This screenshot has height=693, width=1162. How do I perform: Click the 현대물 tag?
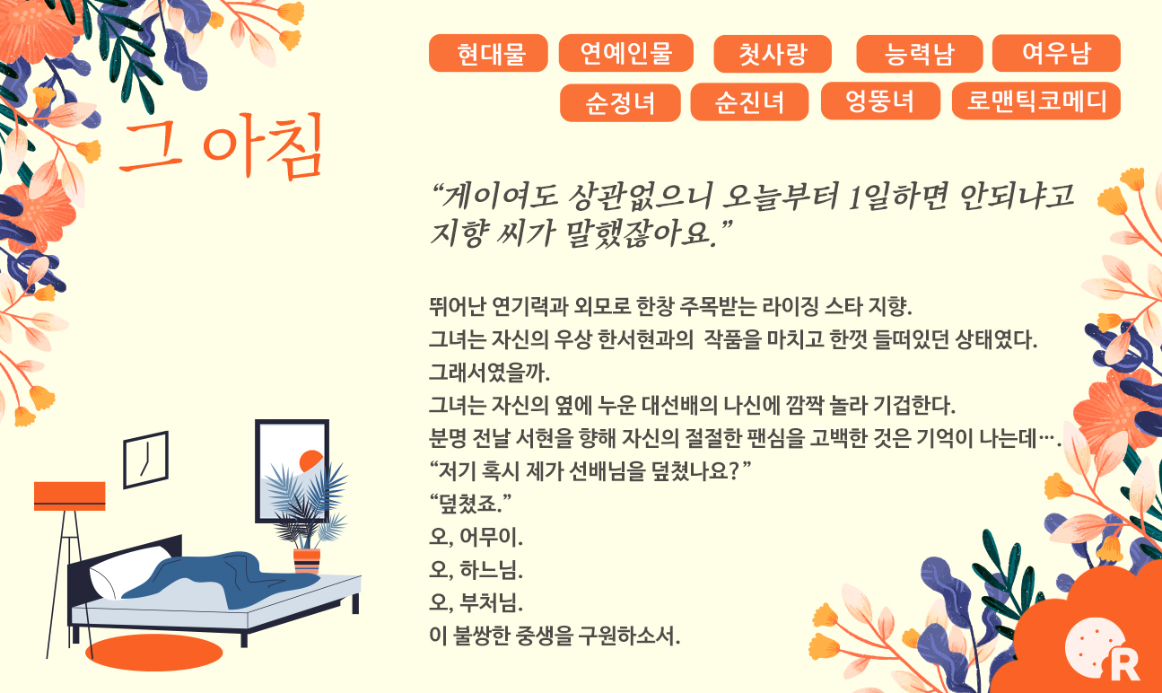pyautogui.click(x=488, y=54)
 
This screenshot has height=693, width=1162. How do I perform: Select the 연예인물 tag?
pyautogui.click(x=626, y=53)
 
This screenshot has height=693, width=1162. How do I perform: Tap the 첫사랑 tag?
pyautogui.click(x=773, y=54)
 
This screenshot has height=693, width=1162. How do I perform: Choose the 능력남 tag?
pyautogui.click(x=919, y=54)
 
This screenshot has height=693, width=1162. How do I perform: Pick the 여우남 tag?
pyautogui.click(x=1056, y=53)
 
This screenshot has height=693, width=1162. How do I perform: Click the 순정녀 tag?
pyautogui.click(x=620, y=102)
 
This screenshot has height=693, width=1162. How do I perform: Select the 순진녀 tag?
pyautogui.click(x=749, y=101)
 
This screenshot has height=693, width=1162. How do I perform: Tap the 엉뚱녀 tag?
pyautogui.click(x=880, y=101)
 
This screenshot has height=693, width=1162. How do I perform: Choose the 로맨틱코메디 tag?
pyautogui.click(x=1036, y=101)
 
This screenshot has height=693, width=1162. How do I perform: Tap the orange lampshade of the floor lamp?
pyautogui.click(x=69, y=496)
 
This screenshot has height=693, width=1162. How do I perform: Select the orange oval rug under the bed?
pyautogui.click(x=154, y=653)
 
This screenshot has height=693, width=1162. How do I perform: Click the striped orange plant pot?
pyautogui.click(x=307, y=561)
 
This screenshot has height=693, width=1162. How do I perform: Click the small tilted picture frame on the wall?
pyautogui.click(x=145, y=460)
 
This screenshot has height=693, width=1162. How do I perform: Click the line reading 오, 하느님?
pyautogui.click(x=476, y=570)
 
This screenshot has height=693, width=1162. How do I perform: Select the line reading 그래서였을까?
pyautogui.click(x=489, y=373)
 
